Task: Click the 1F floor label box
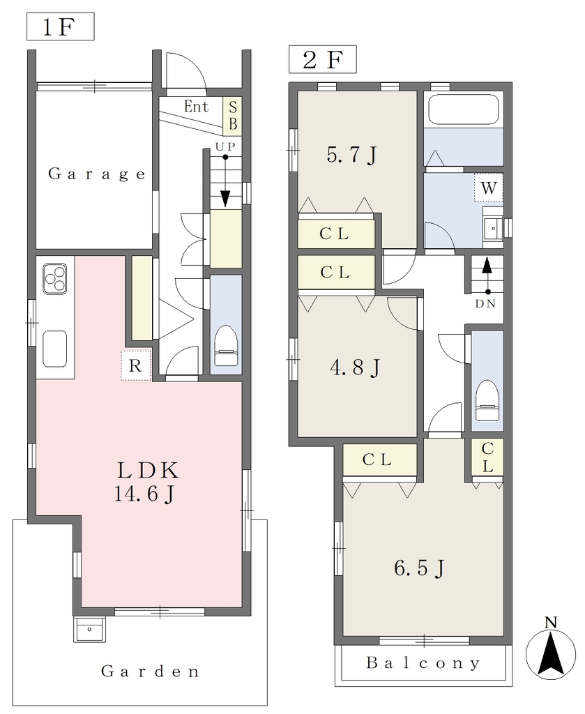61,26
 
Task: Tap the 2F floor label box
322,59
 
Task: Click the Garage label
96,174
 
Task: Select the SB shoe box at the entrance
233,116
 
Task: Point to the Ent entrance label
196,107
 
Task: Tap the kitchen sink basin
54,349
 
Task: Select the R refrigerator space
136,365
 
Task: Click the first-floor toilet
227,345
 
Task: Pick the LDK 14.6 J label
146,482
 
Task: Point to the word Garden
150,671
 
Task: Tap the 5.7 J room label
351,155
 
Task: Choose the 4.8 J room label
355,367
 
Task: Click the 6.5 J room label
419,568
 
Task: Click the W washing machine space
489,187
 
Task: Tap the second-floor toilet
487,400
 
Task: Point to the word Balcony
423,663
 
